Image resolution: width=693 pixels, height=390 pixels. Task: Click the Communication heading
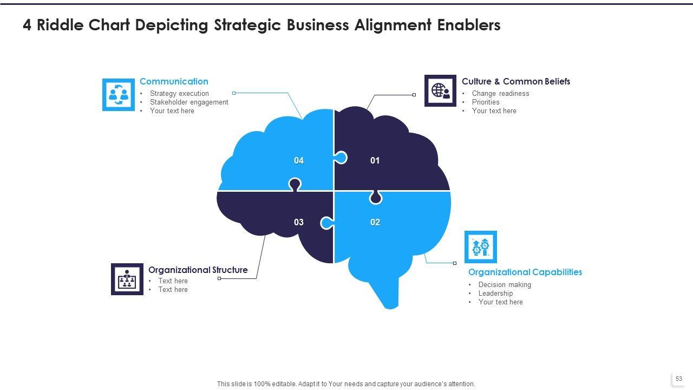point(174,81)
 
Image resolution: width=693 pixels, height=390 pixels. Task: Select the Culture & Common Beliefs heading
point(515,81)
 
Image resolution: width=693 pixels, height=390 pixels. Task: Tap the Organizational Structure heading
point(198,270)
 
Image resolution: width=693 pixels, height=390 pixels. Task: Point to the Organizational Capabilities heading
point(525,272)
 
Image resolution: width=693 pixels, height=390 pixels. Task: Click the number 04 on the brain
point(299,160)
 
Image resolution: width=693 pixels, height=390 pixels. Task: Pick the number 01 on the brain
point(375,160)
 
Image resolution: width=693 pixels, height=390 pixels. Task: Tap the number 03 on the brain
point(299,222)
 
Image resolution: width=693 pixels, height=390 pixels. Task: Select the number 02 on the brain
point(375,222)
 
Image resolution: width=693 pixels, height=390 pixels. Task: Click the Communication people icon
point(119,95)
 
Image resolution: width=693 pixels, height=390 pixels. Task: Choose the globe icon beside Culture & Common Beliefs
point(440,90)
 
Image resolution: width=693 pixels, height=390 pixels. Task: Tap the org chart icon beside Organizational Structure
point(127,279)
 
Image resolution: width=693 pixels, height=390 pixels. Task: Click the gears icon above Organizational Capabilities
point(480,247)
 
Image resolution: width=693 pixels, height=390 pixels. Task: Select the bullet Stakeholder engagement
point(189,102)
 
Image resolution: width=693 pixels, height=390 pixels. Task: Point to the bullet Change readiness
point(500,93)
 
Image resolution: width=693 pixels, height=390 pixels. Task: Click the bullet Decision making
point(505,284)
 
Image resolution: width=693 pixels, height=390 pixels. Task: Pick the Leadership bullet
point(495,293)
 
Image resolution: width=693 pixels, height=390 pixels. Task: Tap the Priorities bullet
point(486,102)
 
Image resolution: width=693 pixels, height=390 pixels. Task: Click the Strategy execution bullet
point(179,93)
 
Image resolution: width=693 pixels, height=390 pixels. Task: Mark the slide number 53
point(678,379)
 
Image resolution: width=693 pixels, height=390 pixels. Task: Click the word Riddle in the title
point(61,25)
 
